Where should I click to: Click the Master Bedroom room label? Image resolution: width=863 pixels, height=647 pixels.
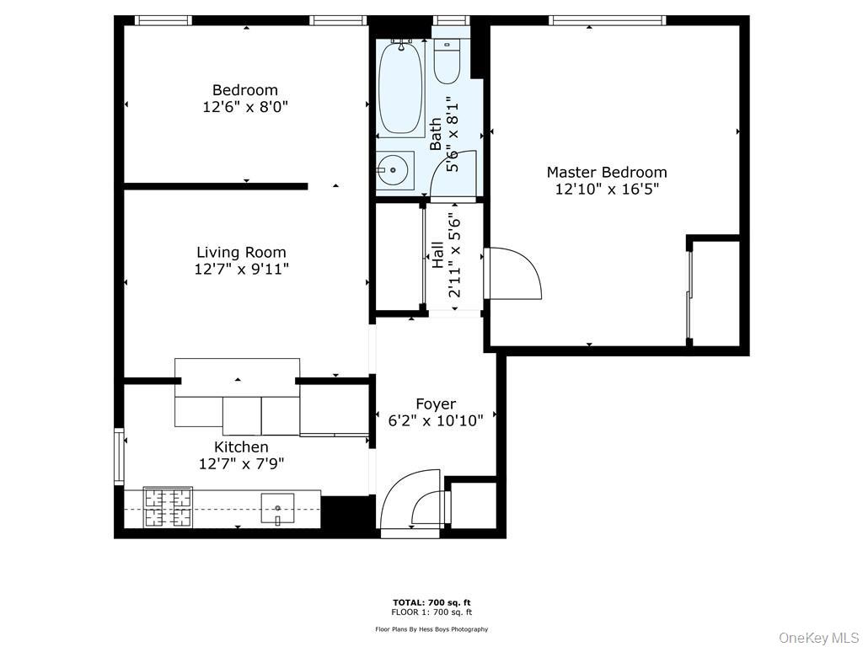[x=606, y=173]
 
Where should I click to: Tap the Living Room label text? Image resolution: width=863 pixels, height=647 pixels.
[x=241, y=252]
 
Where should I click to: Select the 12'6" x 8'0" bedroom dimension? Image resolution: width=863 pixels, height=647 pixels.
[x=244, y=107]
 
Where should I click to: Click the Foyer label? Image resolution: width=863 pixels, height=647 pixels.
[x=436, y=404]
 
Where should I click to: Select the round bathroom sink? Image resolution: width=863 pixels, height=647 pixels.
[x=393, y=170]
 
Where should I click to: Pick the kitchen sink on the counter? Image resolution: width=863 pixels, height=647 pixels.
[x=277, y=508]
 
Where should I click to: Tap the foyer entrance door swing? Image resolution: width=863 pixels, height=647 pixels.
[x=410, y=500]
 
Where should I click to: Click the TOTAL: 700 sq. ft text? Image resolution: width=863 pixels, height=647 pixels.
[x=431, y=602]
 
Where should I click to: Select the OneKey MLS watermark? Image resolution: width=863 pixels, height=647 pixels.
[x=818, y=637]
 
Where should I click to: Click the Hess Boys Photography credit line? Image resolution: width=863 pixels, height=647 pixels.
[x=431, y=629]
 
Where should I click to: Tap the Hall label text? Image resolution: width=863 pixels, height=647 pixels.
[x=437, y=254]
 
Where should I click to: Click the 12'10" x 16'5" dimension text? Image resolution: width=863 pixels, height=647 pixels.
[x=606, y=190]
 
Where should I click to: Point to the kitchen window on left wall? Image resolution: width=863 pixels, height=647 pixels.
[x=119, y=456]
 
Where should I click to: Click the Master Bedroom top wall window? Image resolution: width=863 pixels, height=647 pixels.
[x=607, y=20]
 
